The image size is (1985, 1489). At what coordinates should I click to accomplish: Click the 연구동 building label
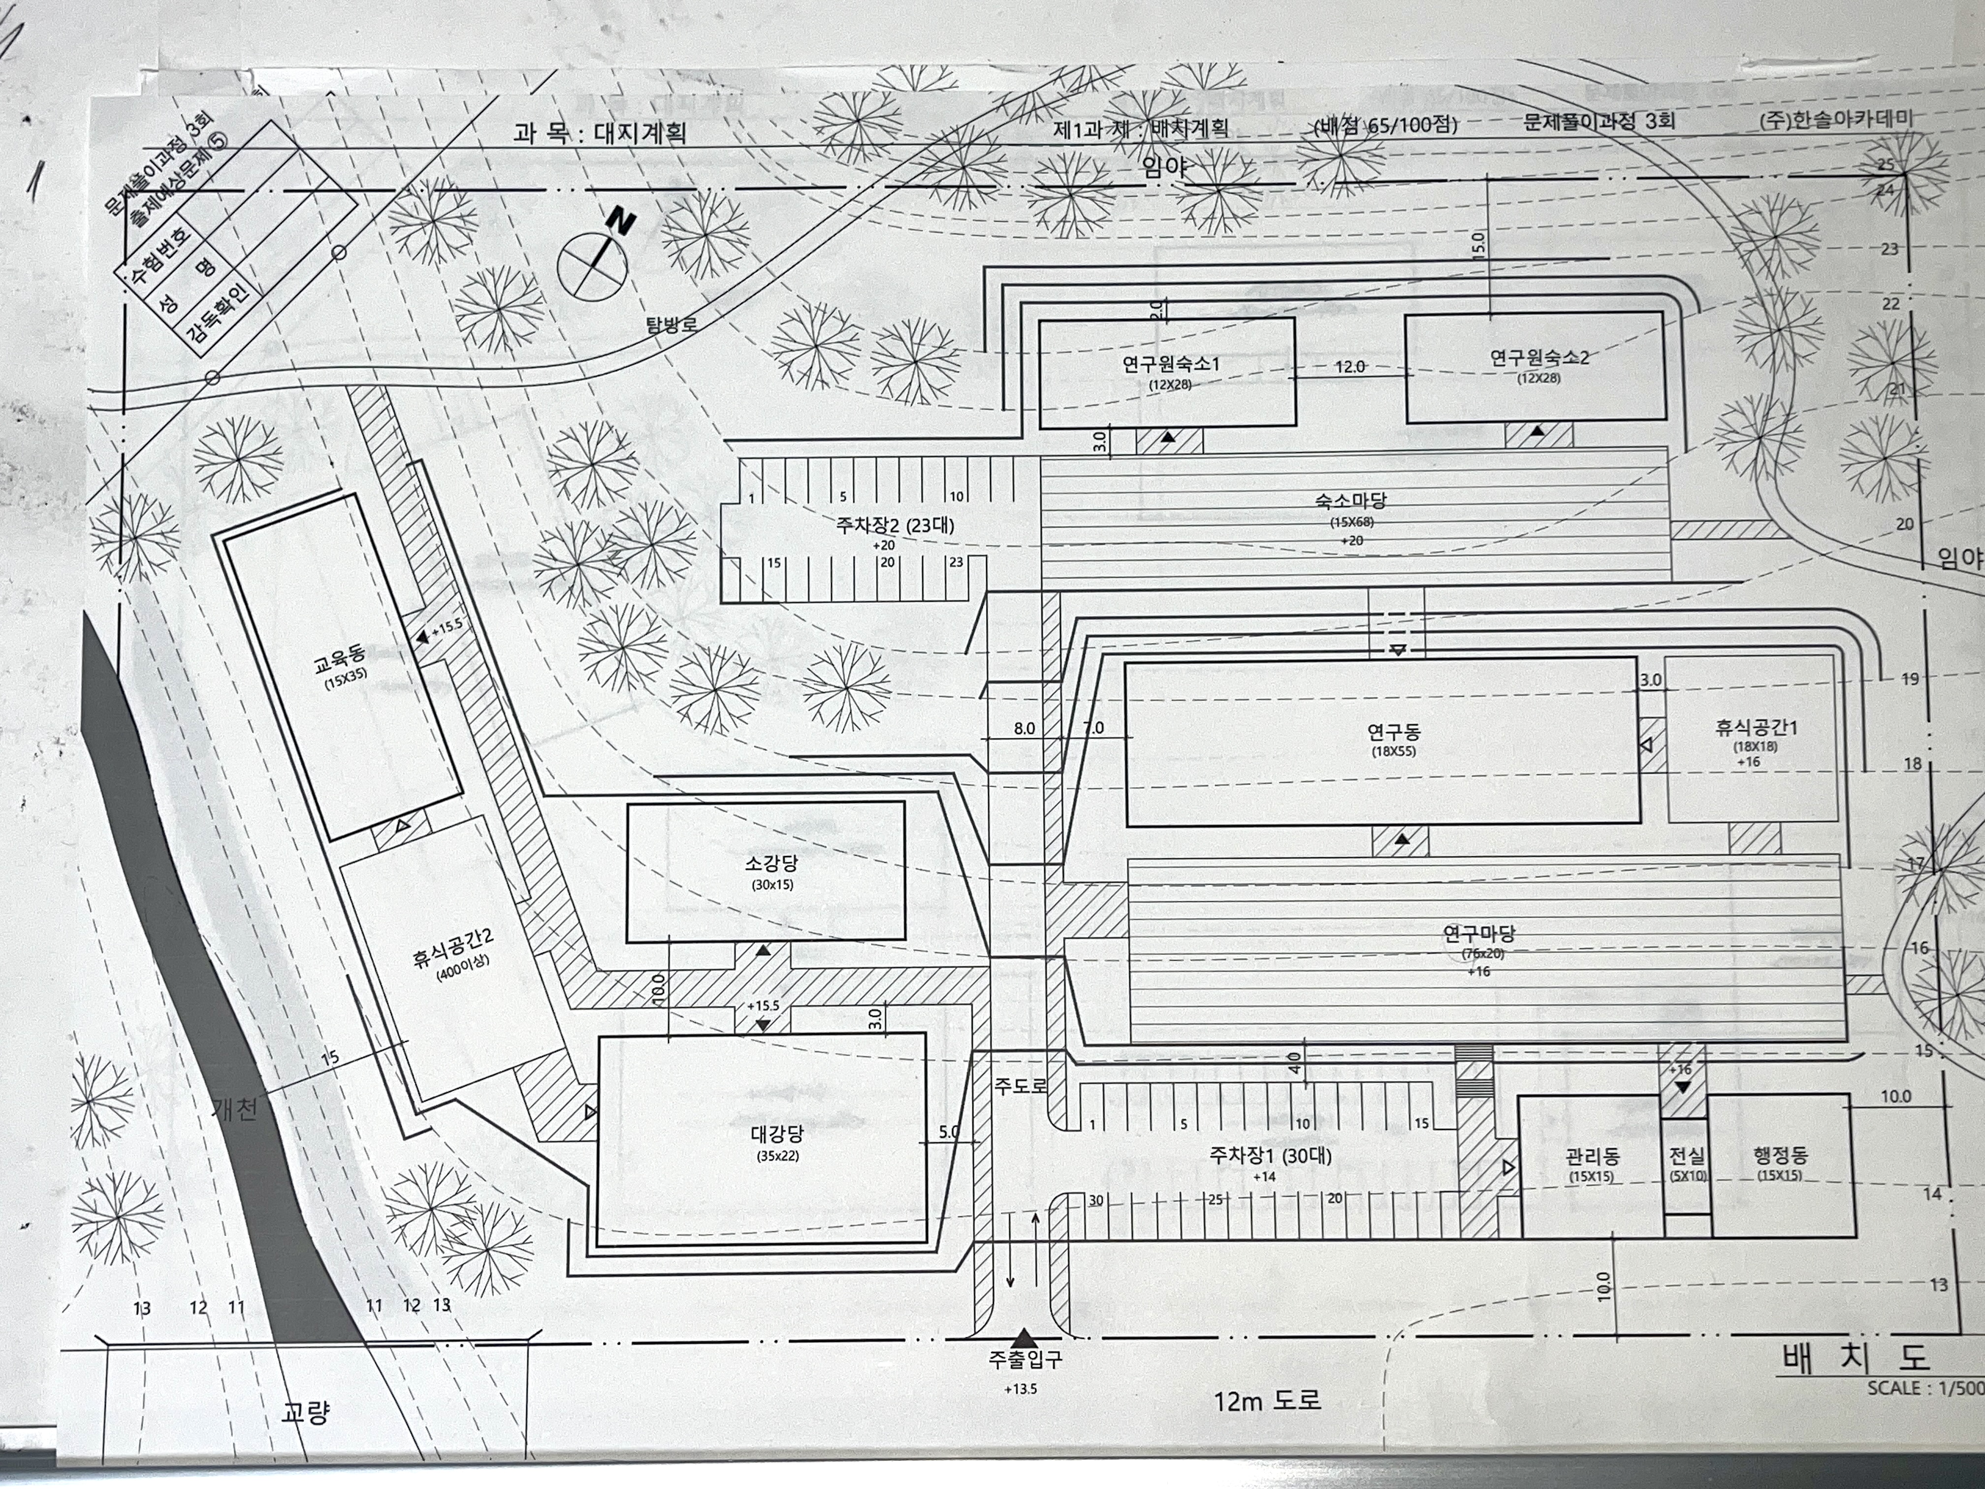[x=1394, y=732]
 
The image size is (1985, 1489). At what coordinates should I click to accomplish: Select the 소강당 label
[x=771, y=864]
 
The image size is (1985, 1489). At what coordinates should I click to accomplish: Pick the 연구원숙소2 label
[x=1539, y=358]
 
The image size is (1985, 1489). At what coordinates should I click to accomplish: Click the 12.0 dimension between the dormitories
[x=1349, y=366]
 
